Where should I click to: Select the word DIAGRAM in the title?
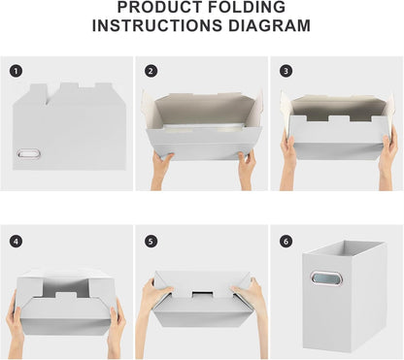pyautogui.click(x=269, y=26)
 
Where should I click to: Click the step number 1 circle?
pyautogui.click(x=16, y=71)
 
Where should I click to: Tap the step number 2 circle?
pyautogui.click(x=151, y=71)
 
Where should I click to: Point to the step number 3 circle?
pyautogui.click(x=286, y=71)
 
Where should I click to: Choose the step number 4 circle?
pyautogui.click(x=16, y=242)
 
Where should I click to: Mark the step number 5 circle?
pyautogui.click(x=151, y=242)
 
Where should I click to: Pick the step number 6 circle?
pyautogui.click(x=286, y=242)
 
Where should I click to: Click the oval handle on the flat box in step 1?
pyautogui.click(x=29, y=153)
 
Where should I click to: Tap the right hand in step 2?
pyautogui.click(x=247, y=170)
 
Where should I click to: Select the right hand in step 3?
pyautogui.click(x=389, y=158)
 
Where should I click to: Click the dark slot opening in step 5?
pyautogui.click(x=203, y=295)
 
